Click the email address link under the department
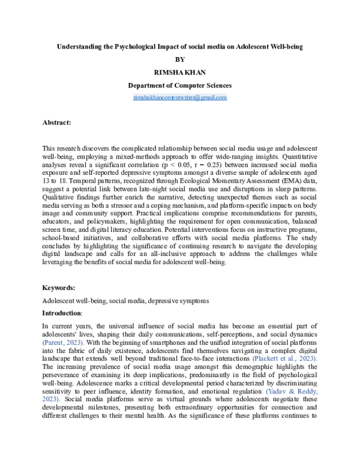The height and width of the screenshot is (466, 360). click(x=180, y=97)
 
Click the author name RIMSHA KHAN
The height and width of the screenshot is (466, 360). click(x=180, y=72)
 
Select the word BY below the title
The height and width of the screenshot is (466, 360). click(x=180, y=59)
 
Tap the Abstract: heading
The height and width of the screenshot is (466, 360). click(x=56, y=123)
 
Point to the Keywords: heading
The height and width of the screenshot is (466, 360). click(x=58, y=288)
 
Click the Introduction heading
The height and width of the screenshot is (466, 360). click(x=61, y=313)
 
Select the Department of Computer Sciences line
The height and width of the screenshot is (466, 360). click(x=180, y=85)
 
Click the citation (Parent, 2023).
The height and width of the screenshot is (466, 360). click(x=62, y=342)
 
